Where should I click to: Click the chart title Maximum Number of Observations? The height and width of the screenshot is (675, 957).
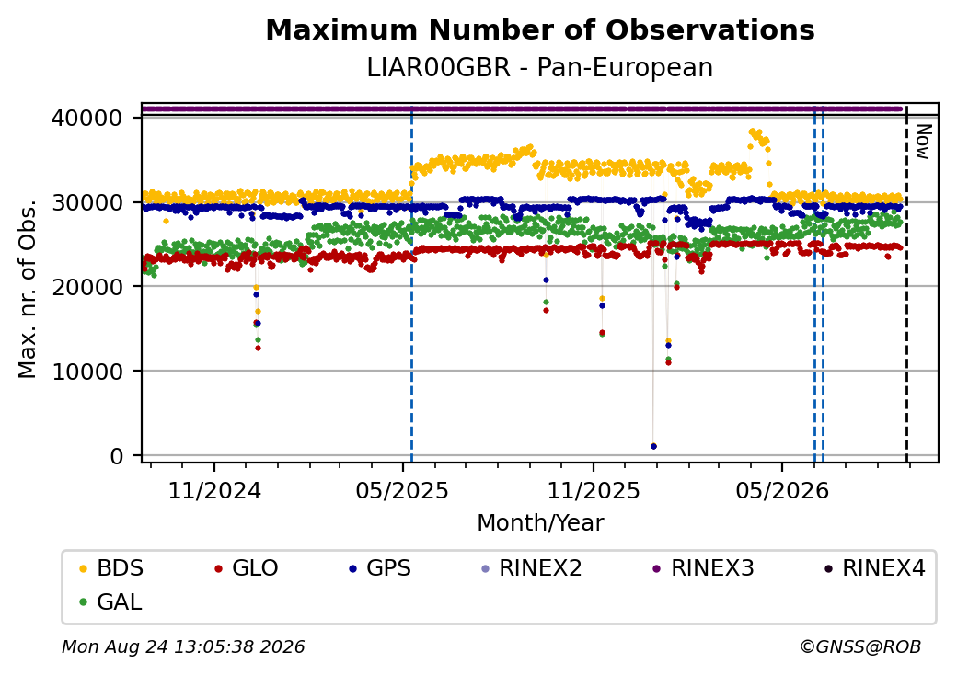point(540,29)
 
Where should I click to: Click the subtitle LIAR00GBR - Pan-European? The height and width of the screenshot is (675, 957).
point(540,67)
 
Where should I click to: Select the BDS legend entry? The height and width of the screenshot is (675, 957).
point(111,568)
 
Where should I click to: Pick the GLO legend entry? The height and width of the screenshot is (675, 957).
point(247,568)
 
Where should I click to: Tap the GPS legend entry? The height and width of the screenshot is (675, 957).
point(380,568)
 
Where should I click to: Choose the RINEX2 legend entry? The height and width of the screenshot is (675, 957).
point(532,568)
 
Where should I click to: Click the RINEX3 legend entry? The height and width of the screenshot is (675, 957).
point(704,568)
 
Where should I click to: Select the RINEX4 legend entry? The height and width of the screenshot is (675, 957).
point(874,568)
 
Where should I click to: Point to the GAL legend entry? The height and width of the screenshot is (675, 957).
point(111,601)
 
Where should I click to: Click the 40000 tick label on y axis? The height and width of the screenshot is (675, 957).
point(87,118)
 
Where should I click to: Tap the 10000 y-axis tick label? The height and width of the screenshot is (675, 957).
point(87,372)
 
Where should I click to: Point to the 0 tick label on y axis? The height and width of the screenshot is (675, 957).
point(117,455)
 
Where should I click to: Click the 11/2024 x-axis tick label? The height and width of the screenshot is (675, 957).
point(214,491)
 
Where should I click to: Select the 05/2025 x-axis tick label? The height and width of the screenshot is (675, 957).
point(402,491)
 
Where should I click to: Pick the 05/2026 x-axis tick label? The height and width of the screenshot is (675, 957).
point(782,491)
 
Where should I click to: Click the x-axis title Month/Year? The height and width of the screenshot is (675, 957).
point(540,523)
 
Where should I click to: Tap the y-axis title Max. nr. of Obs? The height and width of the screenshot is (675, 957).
point(28,289)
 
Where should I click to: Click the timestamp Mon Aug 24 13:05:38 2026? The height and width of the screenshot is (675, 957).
point(183,646)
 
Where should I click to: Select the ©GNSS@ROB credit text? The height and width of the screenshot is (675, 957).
point(860,646)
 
